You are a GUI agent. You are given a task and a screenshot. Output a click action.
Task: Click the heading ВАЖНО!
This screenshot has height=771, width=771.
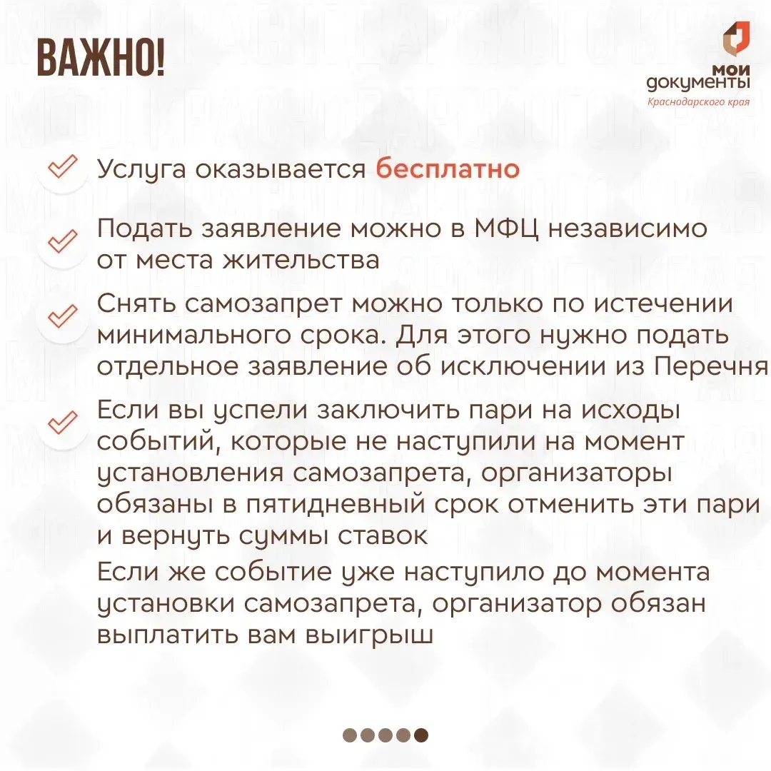pyautogui.click(x=101, y=59)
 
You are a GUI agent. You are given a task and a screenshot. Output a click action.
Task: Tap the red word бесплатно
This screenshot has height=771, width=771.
pyautogui.click(x=448, y=169)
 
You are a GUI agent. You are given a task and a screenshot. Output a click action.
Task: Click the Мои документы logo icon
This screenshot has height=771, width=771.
pyautogui.click(x=736, y=39)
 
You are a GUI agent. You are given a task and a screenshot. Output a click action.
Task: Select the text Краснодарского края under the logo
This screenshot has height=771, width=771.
pyautogui.click(x=698, y=102)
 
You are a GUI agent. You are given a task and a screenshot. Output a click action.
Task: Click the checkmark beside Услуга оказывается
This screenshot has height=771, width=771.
pyautogui.click(x=62, y=166)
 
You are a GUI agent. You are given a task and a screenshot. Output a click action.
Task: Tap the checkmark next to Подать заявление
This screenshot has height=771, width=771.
pyautogui.click(x=62, y=241)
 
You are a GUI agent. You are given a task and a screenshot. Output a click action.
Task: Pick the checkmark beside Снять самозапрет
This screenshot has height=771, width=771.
pyautogui.click(x=62, y=316)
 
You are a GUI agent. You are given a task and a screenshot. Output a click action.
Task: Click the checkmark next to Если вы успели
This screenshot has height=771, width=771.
pyautogui.click(x=62, y=423)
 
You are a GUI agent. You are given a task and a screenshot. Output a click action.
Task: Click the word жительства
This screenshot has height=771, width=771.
pyautogui.click(x=301, y=260)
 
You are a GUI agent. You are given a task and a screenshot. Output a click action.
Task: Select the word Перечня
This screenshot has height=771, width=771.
pyautogui.click(x=712, y=367)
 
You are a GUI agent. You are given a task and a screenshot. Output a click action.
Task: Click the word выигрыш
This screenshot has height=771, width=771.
pyautogui.click(x=369, y=635)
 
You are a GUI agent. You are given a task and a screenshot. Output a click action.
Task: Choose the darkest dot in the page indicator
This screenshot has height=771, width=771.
pyautogui.click(x=421, y=735)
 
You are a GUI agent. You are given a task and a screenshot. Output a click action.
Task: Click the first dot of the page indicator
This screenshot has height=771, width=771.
pyautogui.click(x=350, y=735)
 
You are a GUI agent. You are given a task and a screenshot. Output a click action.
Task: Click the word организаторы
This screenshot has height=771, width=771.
pyautogui.click(x=576, y=474)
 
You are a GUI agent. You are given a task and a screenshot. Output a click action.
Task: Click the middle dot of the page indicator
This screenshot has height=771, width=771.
pyautogui.click(x=385, y=735)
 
